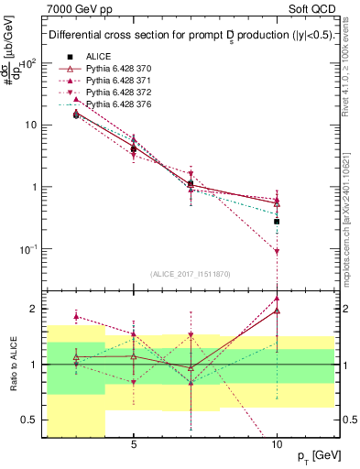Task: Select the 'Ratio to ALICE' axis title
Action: (12, 364)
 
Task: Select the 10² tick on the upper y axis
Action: (30, 62)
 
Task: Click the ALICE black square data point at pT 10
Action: (277, 221)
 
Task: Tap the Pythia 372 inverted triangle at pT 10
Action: (277, 251)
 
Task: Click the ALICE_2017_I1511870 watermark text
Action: (191, 274)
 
